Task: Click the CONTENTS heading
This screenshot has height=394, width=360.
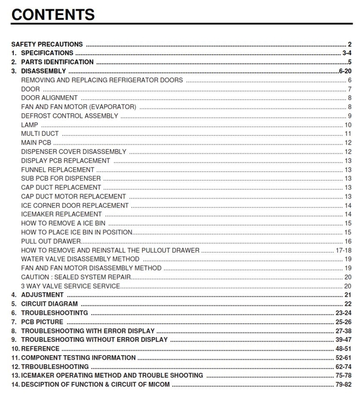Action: (x=53, y=15)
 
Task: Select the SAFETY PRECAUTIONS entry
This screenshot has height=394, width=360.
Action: (x=47, y=44)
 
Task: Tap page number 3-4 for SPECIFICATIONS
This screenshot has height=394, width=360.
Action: (x=347, y=53)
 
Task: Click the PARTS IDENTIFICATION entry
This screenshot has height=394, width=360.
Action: (x=57, y=62)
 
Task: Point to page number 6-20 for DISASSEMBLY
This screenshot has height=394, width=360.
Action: (x=345, y=71)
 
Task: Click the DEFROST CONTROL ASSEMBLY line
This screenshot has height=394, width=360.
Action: (x=69, y=116)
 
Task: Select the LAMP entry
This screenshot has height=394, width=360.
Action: (x=29, y=125)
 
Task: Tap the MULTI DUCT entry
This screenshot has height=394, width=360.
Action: (x=39, y=134)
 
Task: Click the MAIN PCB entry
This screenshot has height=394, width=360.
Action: (x=36, y=143)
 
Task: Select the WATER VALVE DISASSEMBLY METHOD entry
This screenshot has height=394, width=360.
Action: (x=80, y=259)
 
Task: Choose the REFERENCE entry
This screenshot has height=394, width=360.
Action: (x=40, y=349)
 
